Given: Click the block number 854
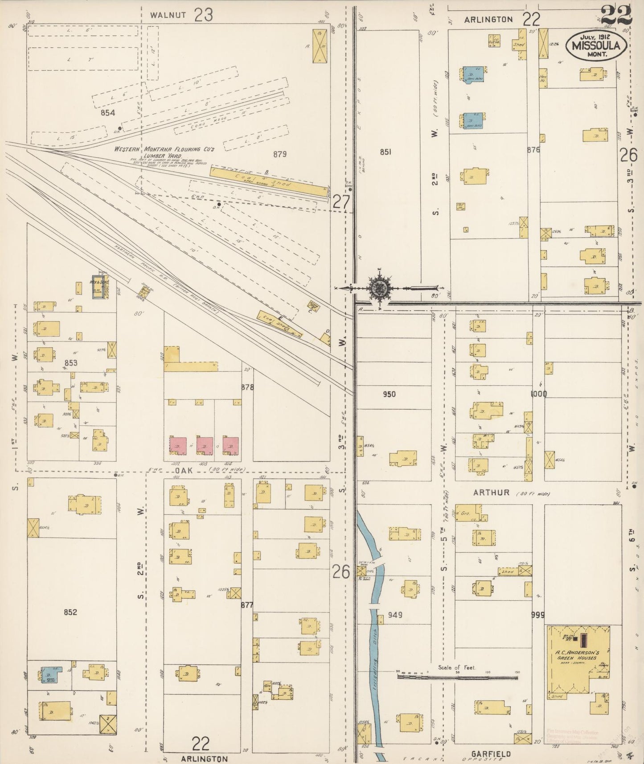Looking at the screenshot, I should [x=107, y=113].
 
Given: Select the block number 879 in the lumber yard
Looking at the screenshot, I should [x=279, y=154].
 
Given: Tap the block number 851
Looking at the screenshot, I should [x=386, y=152].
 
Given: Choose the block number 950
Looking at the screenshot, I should [x=389, y=394].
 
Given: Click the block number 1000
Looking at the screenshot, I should [x=538, y=394].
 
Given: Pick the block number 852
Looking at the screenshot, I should [x=70, y=612].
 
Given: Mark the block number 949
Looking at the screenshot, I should [x=395, y=615].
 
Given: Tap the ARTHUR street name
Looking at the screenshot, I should [x=492, y=493].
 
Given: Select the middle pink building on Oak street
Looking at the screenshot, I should [x=205, y=445].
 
